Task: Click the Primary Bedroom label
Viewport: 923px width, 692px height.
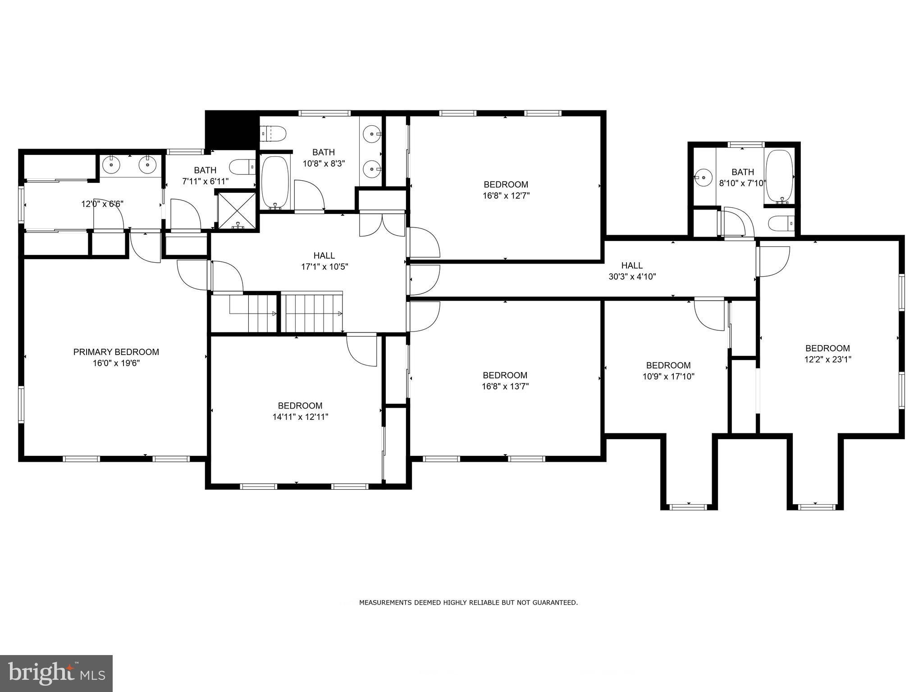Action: tap(116, 352)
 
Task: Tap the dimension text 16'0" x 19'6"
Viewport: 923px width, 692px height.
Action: tap(116, 363)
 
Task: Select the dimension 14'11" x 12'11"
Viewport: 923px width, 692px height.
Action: tap(300, 417)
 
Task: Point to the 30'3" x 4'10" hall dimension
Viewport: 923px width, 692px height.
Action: tap(632, 277)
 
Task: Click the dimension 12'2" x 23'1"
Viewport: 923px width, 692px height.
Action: tap(827, 360)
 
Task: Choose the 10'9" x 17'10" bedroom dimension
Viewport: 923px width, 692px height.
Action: tap(668, 377)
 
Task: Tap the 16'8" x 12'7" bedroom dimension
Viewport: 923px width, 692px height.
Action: tap(506, 196)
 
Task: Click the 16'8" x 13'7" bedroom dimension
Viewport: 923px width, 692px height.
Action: tap(505, 386)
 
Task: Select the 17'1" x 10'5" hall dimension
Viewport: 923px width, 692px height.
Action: tap(324, 267)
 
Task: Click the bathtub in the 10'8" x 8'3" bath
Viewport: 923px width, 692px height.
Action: tap(274, 182)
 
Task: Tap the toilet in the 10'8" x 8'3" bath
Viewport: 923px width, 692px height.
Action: tap(274, 133)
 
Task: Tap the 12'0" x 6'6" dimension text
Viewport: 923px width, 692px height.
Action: tap(102, 204)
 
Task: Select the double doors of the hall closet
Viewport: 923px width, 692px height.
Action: tap(382, 225)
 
